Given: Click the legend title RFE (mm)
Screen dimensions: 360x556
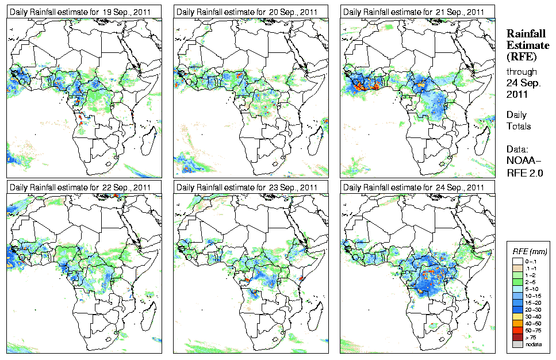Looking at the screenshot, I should coord(529,251).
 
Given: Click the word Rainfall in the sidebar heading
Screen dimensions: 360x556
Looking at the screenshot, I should coord(526,35).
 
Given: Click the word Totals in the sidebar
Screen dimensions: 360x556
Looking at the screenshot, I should coord(519,126).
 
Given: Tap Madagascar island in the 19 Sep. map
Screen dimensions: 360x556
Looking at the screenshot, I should coord(151,136).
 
